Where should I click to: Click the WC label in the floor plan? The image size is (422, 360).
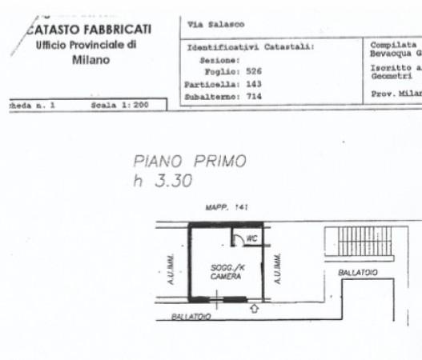click(251, 238)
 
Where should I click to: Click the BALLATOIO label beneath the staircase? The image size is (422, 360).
click(357, 273)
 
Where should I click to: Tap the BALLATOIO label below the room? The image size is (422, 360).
click(191, 317)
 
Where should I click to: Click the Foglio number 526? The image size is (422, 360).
click(252, 70)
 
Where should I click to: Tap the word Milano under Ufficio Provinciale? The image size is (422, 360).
click(90, 60)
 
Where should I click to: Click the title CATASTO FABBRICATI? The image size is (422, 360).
click(89, 30)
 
